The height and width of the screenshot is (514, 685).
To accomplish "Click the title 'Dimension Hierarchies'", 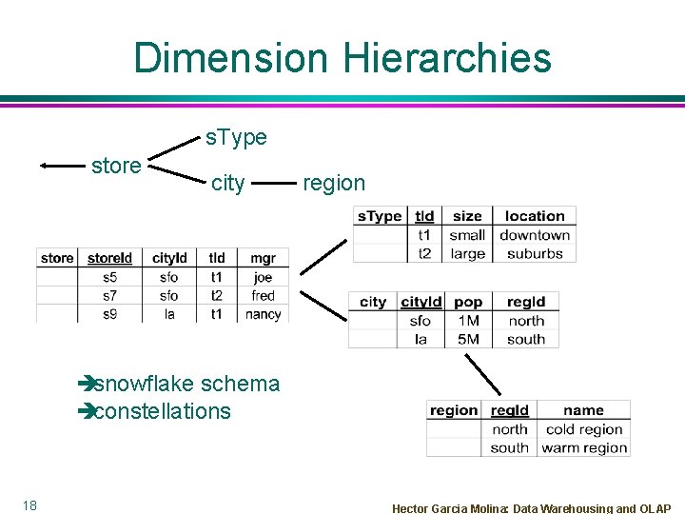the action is [x=342, y=58].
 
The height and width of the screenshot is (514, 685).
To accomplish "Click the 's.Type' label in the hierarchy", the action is [x=236, y=138].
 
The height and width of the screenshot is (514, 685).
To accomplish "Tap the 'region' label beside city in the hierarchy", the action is [x=333, y=183].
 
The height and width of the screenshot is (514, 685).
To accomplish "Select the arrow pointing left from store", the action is [x=62, y=166].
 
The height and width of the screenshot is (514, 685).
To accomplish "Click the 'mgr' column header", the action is [x=263, y=258].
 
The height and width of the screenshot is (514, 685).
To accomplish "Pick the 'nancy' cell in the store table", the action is [x=263, y=314].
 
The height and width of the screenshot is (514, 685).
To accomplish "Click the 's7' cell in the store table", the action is [x=110, y=296].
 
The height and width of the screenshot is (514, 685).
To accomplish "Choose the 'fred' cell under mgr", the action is [x=263, y=296].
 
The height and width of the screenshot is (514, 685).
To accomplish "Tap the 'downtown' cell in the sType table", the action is [x=535, y=235].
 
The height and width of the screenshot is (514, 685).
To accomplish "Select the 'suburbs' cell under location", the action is [x=535, y=254].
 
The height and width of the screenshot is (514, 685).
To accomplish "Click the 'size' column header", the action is [x=467, y=217].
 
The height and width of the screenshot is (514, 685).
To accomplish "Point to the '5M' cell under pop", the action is [x=468, y=339].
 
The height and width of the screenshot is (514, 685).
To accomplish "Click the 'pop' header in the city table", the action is [x=468, y=302].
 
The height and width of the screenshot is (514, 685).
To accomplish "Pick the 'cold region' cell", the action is [x=586, y=429].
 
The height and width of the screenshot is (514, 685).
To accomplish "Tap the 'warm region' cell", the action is [x=584, y=447].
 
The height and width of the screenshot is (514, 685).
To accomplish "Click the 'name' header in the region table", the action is [x=583, y=410].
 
